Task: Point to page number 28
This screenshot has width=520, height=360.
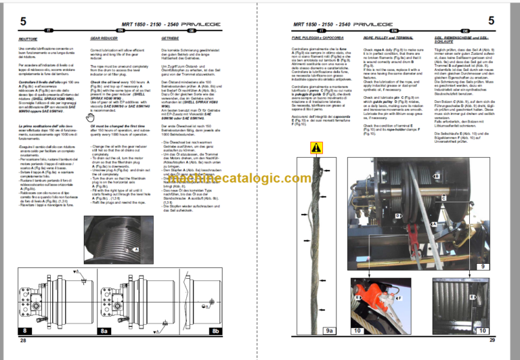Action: [x=22, y=340]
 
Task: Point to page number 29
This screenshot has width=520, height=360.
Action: [x=492, y=340]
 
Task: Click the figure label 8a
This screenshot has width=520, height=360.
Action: [x=104, y=331]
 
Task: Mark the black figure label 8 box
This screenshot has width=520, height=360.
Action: [x=25, y=331]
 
